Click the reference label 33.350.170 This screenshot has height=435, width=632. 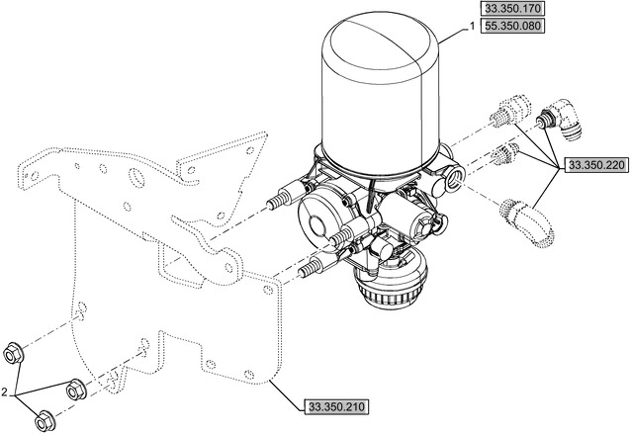pyautogui.click(x=514, y=9)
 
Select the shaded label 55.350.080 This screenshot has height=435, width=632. pyautogui.click(x=514, y=26)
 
